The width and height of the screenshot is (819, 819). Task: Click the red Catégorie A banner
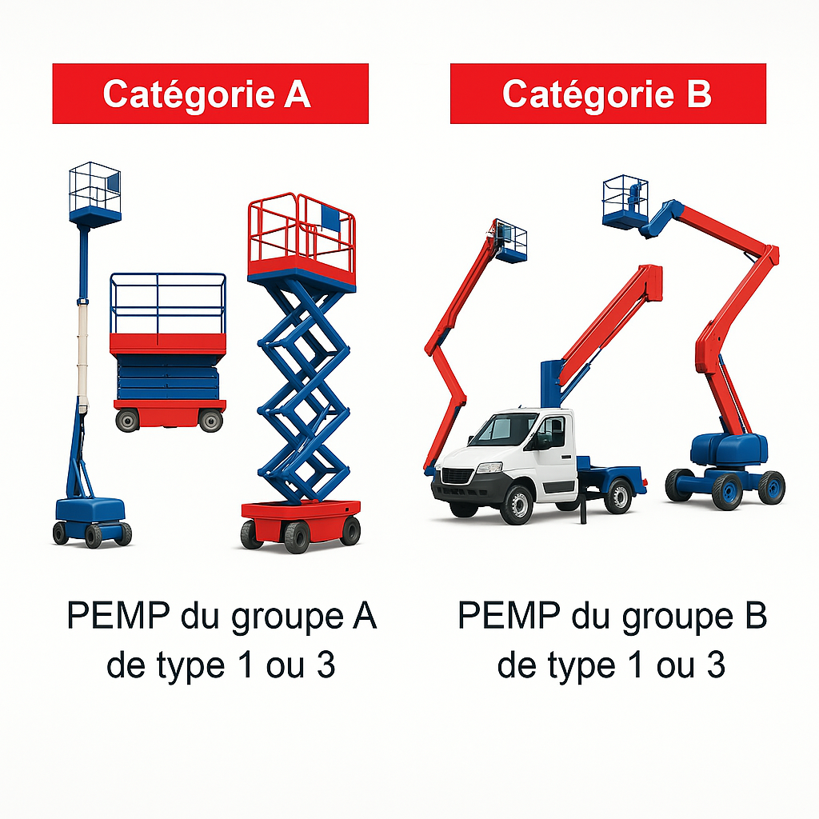click(210, 94)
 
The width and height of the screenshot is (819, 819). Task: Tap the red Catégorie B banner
click(608, 94)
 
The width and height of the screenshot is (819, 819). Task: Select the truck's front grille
click(458, 477)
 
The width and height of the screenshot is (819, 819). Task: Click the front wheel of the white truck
click(517, 504)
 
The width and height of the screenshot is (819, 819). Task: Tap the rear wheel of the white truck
click(618, 495)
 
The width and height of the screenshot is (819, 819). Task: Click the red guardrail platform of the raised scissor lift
click(302, 240)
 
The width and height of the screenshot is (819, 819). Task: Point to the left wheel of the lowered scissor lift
click(127, 421)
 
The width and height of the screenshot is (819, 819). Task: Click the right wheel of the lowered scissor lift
click(210, 421)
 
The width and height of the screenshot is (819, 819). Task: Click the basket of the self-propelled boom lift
click(625, 201)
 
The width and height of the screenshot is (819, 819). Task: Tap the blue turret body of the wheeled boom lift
click(729, 450)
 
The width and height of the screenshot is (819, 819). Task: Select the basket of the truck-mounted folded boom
click(510, 241)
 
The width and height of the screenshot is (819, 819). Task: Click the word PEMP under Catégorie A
click(118, 616)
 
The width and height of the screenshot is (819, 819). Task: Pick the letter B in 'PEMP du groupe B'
click(754, 616)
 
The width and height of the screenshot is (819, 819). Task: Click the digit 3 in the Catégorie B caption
click(716, 665)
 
